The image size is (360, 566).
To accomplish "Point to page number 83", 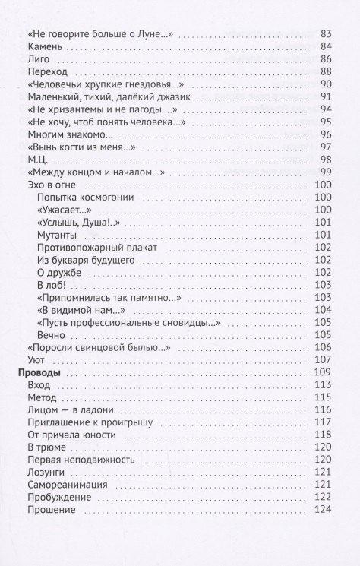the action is pyautogui.click(x=328, y=33).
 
